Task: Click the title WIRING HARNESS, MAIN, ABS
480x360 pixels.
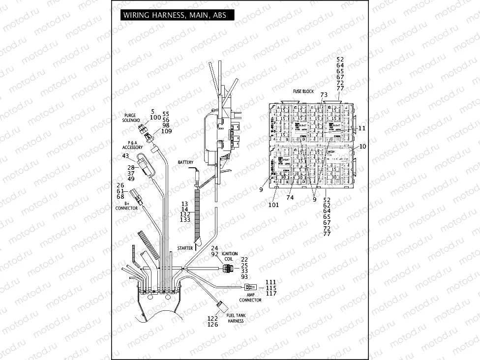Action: pos(175,15)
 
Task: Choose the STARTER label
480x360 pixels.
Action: pos(185,249)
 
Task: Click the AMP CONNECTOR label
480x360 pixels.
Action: pos(250,298)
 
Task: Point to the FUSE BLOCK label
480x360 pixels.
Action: pos(303,91)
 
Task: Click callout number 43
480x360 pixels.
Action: pos(125,156)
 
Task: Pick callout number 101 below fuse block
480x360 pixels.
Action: pos(274,205)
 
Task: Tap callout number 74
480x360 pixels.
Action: pos(290,197)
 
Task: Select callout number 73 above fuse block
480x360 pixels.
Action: pos(324,94)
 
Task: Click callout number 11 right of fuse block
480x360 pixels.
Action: pos(362,128)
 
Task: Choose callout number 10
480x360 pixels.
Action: pos(362,147)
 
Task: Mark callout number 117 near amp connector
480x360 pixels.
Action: pos(271,294)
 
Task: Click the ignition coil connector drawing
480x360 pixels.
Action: pos(227,269)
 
